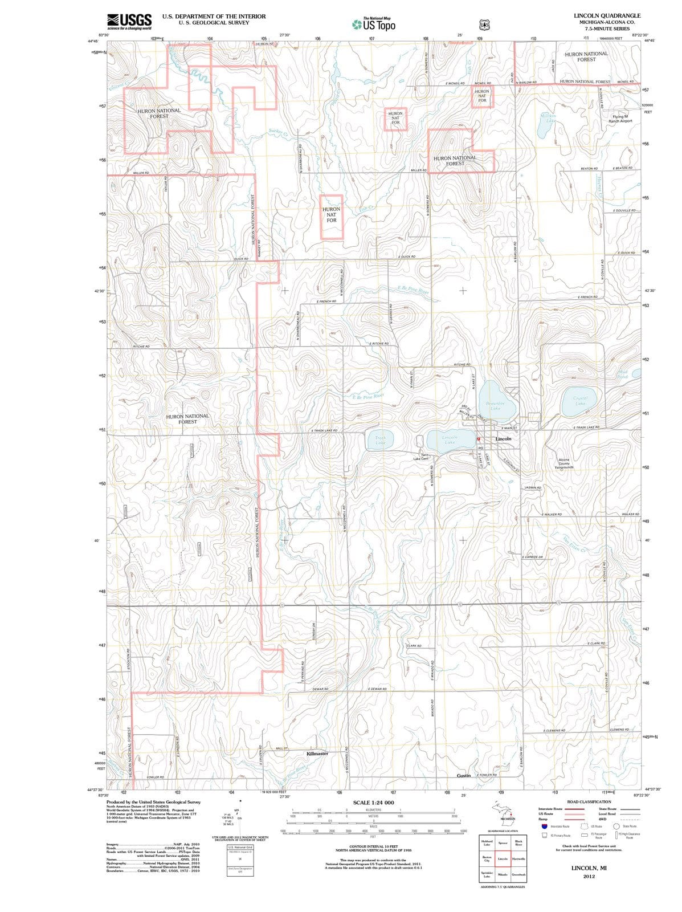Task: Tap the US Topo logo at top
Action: point(374,25)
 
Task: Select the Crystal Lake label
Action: point(580,401)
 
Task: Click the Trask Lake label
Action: point(380,440)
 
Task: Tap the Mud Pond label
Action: point(622,374)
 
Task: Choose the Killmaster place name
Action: point(317,754)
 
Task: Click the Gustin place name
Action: point(463,776)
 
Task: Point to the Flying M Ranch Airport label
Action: point(620,119)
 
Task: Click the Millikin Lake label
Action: point(550,118)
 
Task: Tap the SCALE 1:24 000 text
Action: point(373,803)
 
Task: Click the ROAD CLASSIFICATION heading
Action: point(589,801)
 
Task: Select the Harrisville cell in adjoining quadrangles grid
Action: point(518,858)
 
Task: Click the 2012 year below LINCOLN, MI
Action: point(589,877)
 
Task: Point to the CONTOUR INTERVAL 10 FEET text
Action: point(373,847)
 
